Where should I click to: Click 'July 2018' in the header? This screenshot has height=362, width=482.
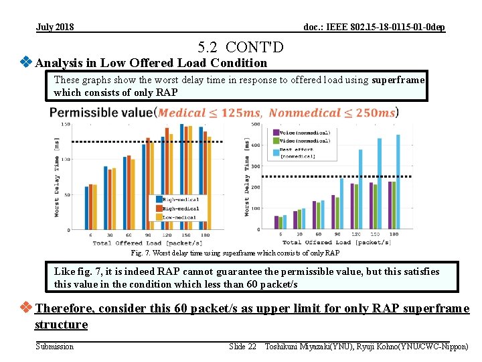click(x=55, y=27)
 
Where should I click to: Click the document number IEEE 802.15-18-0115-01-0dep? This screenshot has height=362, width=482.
click(x=374, y=27)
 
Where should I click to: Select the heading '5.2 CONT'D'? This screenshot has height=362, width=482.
click(x=240, y=47)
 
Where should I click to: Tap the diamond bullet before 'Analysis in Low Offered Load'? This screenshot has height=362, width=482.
click(x=26, y=62)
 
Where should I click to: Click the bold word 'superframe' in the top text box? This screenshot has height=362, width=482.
click(x=398, y=80)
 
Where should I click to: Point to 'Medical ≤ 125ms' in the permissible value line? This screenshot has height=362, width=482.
click(x=209, y=113)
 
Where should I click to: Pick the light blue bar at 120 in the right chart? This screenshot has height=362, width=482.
click(x=360, y=190)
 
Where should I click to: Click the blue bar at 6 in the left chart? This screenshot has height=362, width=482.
click(x=86, y=208)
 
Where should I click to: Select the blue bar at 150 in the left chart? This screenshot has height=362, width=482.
click(x=181, y=177)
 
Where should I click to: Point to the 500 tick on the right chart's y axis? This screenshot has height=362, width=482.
click(x=256, y=124)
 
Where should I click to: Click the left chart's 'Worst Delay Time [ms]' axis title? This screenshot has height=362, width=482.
click(x=58, y=176)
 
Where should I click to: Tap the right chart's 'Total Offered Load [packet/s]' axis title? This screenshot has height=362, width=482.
click(x=336, y=242)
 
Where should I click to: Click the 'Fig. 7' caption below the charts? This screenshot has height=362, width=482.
click(x=234, y=253)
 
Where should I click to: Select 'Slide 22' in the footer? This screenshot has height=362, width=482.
click(x=242, y=346)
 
